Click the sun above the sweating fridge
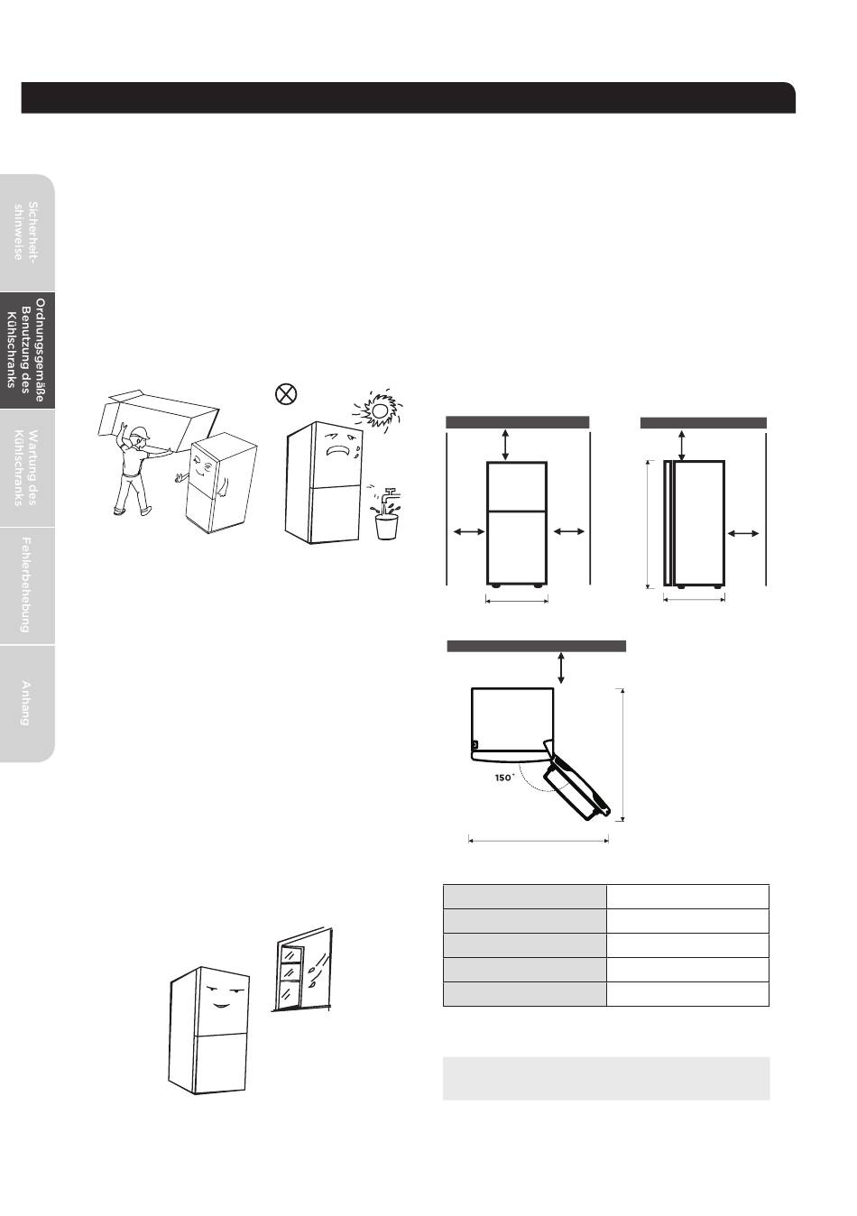[378, 410]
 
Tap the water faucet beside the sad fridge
[389, 496]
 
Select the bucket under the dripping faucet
[386, 527]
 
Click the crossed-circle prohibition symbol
[286, 393]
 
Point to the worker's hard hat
[139, 433]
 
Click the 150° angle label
[504, 778]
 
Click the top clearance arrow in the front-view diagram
[505, 445]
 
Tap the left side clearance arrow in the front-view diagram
[469, 532]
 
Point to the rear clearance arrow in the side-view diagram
[743, 534]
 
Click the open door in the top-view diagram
[578, 780]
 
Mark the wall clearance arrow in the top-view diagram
[561, 668]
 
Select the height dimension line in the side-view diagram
[648, 524]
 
